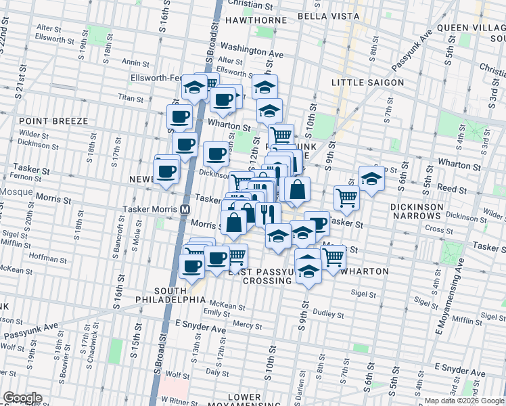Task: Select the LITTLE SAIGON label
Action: pyautogui.click(x=368, y=83)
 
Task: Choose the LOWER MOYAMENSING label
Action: pyautogui.click(x=245, y=401)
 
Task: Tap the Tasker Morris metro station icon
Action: pyautogui.click(x=185, y=208)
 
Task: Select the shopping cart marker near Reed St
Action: pyautogui.click(x=346, y=197)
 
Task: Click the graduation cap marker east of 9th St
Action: pyautogui.click(x=371, y=178)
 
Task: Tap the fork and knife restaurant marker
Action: pyautogui.click(x=268, y=213)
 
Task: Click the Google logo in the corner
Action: pyautogui.click(x=22, y=398)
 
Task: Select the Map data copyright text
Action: pyautogui.click(x=464, y=401)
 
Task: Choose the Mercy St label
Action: pyautogui.click(x=247, y=325)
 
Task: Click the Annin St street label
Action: pyautogui.click(x=131, y=62)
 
